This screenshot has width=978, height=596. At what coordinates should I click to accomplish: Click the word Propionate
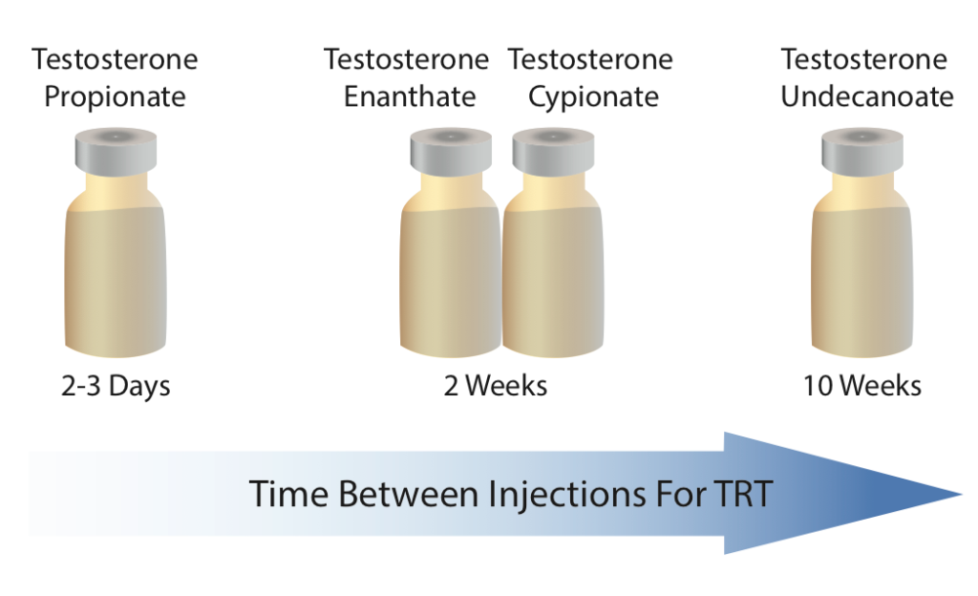[x=115, y=97]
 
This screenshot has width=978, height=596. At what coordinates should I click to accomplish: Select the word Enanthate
[x=410, y=96]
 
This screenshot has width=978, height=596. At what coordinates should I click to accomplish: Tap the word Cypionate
[x=593, y=97]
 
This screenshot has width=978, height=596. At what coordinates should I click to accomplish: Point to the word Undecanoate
[x=867, y=96]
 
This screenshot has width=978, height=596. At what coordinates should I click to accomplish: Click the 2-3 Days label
[x=116, y=386]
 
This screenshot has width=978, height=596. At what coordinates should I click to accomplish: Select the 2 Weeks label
[x=496, y=385]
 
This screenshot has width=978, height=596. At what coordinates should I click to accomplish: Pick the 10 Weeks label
[x=862, y=385]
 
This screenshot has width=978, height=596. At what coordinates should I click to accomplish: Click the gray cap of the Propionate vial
[x=116, y=152]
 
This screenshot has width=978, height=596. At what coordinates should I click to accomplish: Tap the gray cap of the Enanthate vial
[x=451, y=152]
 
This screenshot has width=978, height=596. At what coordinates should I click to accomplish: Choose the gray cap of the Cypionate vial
[x=553, y=152]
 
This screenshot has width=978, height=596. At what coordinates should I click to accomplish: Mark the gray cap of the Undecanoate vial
[x=862, y=152]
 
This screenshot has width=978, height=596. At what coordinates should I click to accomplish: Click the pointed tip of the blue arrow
[x=962, y=495]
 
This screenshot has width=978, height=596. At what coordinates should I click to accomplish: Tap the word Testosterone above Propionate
[x=115, y=60]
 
